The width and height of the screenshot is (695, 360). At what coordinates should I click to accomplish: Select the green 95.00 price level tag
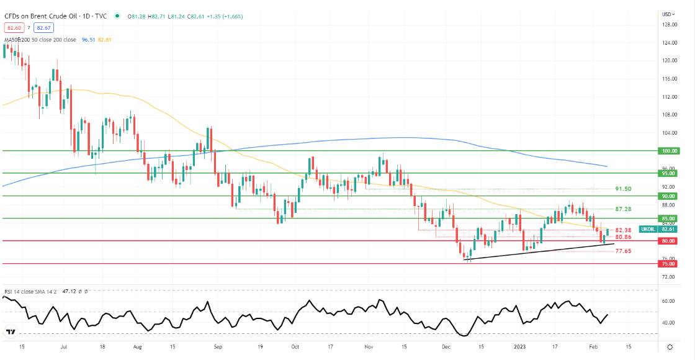[670, 174]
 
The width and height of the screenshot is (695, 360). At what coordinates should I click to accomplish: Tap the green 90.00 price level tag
[670, 196]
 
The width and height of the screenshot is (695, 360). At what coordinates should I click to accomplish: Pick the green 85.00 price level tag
[670, 218]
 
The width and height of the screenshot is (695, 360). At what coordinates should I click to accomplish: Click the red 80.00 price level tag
[670, 241]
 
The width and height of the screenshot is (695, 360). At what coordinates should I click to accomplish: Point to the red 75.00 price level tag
[670, 264]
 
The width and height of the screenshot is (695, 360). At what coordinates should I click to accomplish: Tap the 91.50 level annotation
[623, 189]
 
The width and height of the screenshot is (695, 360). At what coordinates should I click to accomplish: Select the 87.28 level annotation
[623, 210]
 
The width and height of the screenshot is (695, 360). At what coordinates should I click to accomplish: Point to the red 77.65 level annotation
[623, 251]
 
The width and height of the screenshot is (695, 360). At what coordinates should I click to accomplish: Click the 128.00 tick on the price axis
[669, 25]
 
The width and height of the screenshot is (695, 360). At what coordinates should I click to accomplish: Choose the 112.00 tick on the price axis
[669, 97]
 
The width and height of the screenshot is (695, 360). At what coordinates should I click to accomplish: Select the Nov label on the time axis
[369, 348]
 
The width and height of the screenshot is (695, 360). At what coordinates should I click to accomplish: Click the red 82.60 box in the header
[13, 28]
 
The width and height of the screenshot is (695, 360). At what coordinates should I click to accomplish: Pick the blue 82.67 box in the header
[43, 28]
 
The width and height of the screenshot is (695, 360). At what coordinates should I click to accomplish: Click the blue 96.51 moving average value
[87, 40]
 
